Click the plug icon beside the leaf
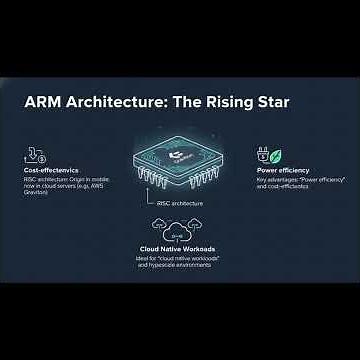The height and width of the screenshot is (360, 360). [x=265, y=154]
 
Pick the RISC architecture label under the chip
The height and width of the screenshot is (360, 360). [x=180, y=203]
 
